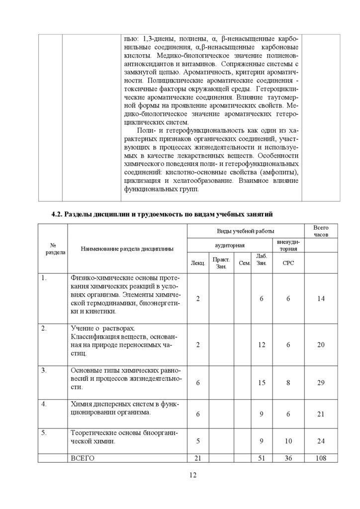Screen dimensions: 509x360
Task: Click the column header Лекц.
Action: (x=197, y=262)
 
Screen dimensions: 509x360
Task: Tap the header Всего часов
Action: (x=321, y=231)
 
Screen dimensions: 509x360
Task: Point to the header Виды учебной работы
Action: (x=245, y=231)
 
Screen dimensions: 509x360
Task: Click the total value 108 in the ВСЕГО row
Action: (x=321, y=458)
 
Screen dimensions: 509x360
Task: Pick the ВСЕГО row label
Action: (x=83, y=458)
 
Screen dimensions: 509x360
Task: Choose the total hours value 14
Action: (x=321, y=298)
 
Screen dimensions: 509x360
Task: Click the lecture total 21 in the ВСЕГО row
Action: (x=197, y=458)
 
